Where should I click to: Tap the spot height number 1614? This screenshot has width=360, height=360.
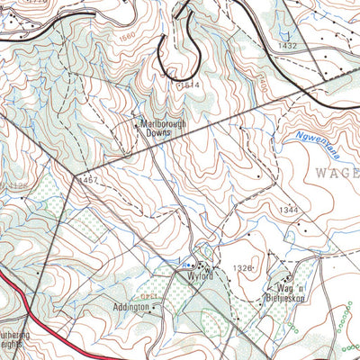pos(190,85)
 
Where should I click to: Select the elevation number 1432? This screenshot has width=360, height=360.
pos(287,45)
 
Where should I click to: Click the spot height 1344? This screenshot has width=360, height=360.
pos(288,210)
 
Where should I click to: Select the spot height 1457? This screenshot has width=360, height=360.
pos(87,180)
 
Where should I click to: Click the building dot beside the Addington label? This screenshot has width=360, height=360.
pos(154,308)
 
